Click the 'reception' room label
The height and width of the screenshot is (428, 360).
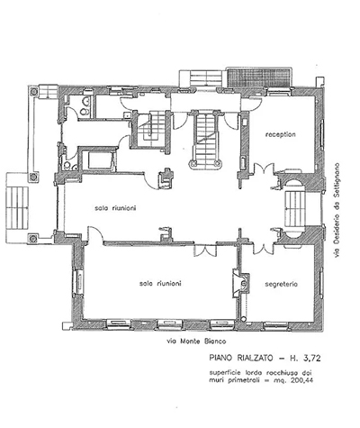(280, 134)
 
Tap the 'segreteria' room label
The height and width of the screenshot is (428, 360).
(281, 284)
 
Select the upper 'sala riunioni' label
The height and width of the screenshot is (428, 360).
(115, 208)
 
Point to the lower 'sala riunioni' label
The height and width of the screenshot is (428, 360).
(160, 283)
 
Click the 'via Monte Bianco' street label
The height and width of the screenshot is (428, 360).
(196, 341)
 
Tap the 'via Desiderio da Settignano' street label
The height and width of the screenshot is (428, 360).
(337, 210)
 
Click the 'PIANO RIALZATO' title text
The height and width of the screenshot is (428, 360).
(241, 358)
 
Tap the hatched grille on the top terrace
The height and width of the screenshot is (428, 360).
(259, 77)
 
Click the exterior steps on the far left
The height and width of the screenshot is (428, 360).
(17, 208)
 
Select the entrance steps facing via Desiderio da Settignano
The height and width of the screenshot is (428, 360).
(295, 209)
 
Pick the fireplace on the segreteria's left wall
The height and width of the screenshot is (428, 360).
(241, 283)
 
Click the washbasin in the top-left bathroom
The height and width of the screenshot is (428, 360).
(87, 102)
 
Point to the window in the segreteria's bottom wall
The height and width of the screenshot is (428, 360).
(275, 325)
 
